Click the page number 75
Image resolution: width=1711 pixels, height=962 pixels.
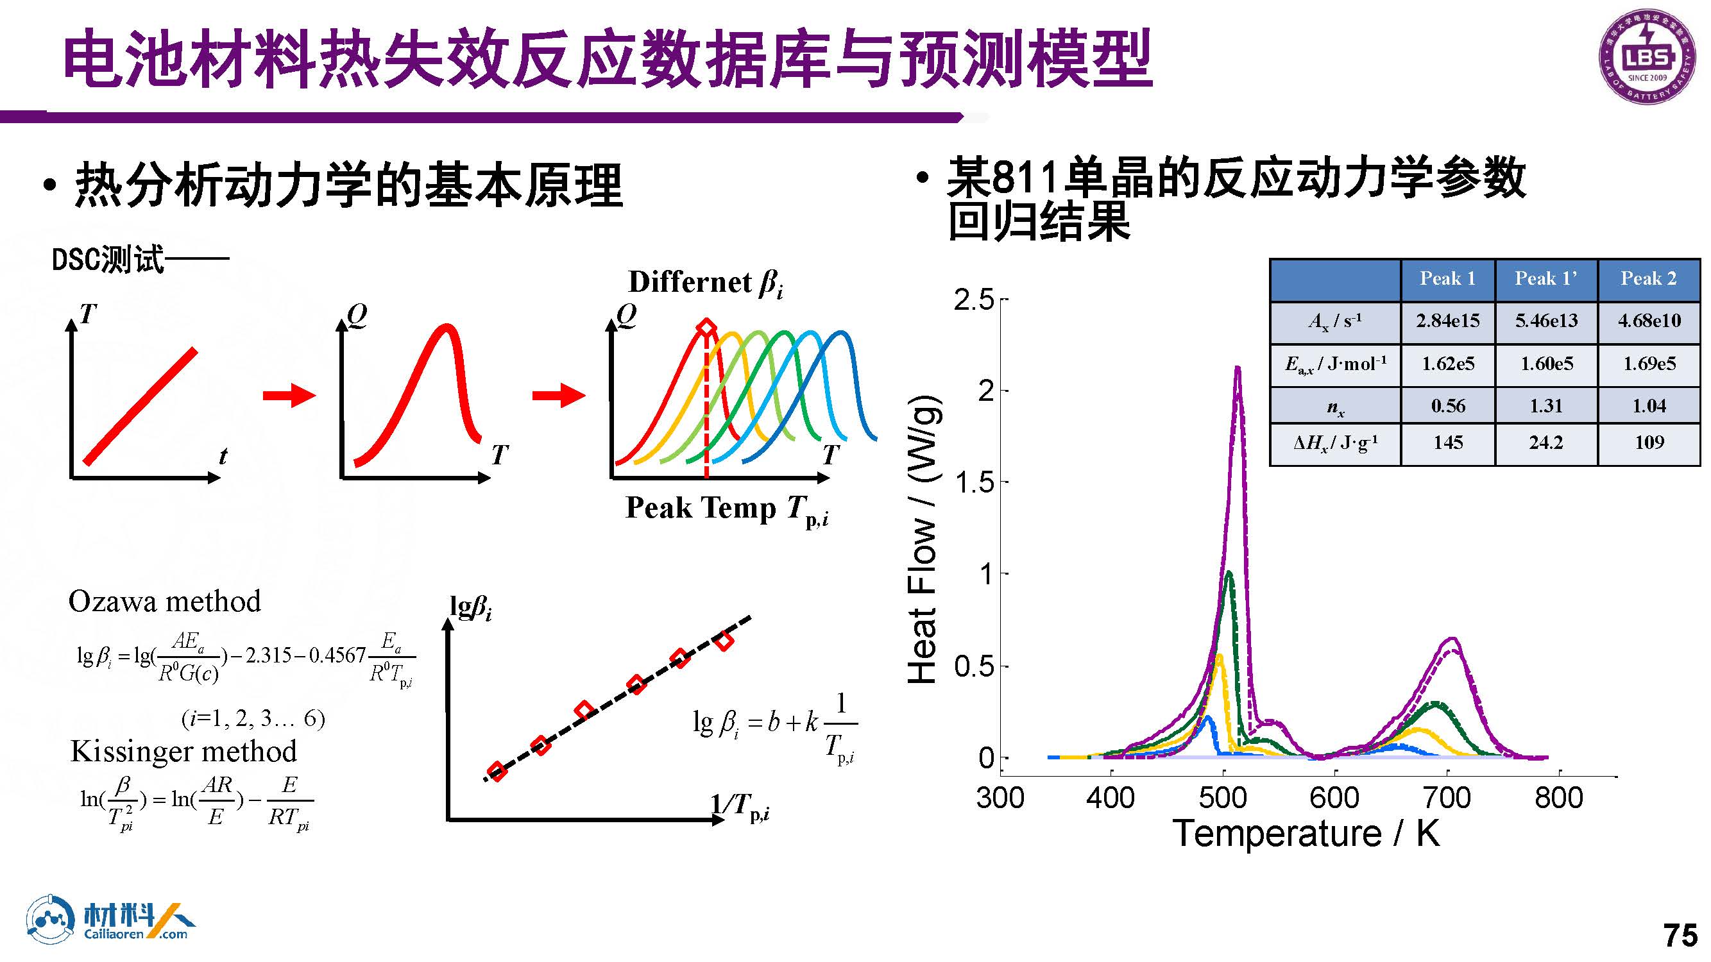point(1680,935)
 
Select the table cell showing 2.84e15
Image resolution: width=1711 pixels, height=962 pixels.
point(1447,321)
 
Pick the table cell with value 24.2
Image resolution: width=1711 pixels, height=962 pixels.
point(1545,442)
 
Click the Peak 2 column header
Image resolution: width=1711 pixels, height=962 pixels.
point(1649,279)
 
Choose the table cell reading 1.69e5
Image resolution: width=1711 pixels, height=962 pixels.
point(1649,364)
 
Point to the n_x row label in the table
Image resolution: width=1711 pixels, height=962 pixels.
point(1335,407)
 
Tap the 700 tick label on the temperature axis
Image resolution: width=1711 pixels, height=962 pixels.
point(1447,797)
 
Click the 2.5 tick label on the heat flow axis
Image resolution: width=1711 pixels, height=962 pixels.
point(974,300)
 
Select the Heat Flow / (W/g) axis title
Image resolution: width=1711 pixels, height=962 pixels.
point(923,539)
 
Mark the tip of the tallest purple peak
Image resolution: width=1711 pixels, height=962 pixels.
point(1238,367)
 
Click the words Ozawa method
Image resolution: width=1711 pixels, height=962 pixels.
point(164,602)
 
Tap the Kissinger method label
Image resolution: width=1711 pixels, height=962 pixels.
point(183,752)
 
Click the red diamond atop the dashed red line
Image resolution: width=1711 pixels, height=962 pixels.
point(706,328)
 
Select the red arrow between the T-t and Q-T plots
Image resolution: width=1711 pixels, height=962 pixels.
point(289,396)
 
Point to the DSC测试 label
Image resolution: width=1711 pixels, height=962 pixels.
point(108,260)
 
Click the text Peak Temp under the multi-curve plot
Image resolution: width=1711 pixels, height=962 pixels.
point(701,509)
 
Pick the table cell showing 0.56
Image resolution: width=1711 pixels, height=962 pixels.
point(1447,406)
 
